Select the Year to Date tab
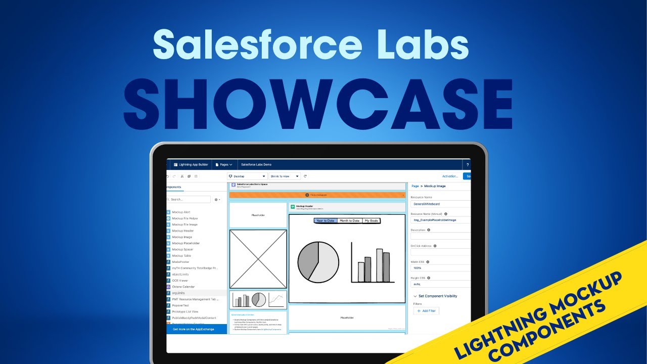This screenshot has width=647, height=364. [x=326, y=221]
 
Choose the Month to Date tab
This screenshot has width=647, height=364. [x=349, y=221]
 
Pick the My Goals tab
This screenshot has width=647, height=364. [x=371, y=221]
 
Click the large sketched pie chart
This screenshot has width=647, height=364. [x=318, y=262]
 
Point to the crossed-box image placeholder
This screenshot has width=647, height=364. [x=258, y=259]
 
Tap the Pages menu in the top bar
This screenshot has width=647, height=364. [x=223, y=165]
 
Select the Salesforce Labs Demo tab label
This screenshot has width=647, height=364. [x=256, y=165]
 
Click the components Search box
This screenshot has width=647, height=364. [x=190, y=200]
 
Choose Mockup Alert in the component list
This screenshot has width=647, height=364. [x=181, y=212]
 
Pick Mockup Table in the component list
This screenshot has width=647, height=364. [x=181, y=256]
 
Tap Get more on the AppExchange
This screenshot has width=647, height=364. [x=194, y=329]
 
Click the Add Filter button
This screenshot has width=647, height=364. [x=427, y=311]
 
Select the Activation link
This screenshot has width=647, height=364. [x=450, y=176]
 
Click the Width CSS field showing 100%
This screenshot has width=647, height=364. [x=440, y=268]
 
